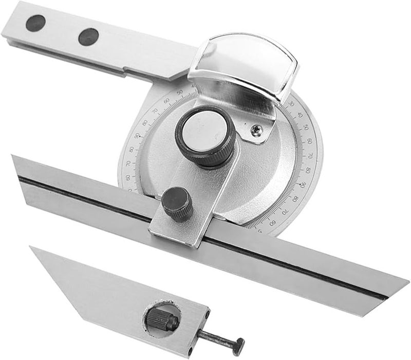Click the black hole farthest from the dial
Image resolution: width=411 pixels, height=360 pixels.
pos(35,23)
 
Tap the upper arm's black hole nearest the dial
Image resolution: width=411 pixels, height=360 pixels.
pos(88,37)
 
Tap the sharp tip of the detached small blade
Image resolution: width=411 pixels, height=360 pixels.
pos(32,248)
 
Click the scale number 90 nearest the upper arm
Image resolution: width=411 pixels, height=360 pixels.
pos(138,136)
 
